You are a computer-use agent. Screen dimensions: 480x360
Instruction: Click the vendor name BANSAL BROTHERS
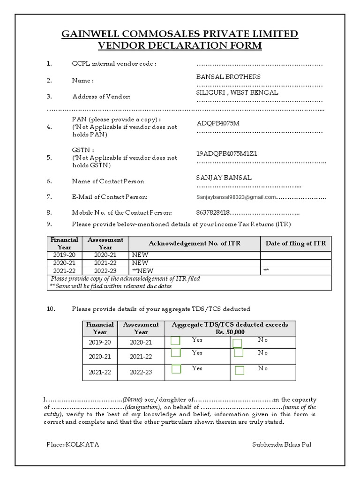point(228,77)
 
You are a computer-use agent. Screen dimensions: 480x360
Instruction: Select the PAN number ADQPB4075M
point(218,123)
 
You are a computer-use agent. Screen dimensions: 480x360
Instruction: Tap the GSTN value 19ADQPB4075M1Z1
point(226,154)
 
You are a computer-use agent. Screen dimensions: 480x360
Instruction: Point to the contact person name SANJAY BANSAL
point(224,178)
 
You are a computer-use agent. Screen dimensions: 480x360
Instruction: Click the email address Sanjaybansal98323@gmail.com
point(236,197)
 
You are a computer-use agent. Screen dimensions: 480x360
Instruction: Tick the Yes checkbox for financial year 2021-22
point(176,369)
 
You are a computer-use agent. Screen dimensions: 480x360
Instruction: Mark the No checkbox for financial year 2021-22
point(240,371)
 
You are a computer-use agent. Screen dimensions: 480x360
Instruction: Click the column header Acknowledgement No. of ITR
point(195,243)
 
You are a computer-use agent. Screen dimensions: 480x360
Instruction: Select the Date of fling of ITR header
point(295,243)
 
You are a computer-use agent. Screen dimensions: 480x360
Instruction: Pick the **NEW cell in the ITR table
point(143,271)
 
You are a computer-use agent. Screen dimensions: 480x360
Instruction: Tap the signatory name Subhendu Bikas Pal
point(278,444)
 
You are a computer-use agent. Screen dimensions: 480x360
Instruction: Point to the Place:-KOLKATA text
point(73,444)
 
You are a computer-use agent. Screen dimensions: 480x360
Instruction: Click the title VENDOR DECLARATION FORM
point(180,45)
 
